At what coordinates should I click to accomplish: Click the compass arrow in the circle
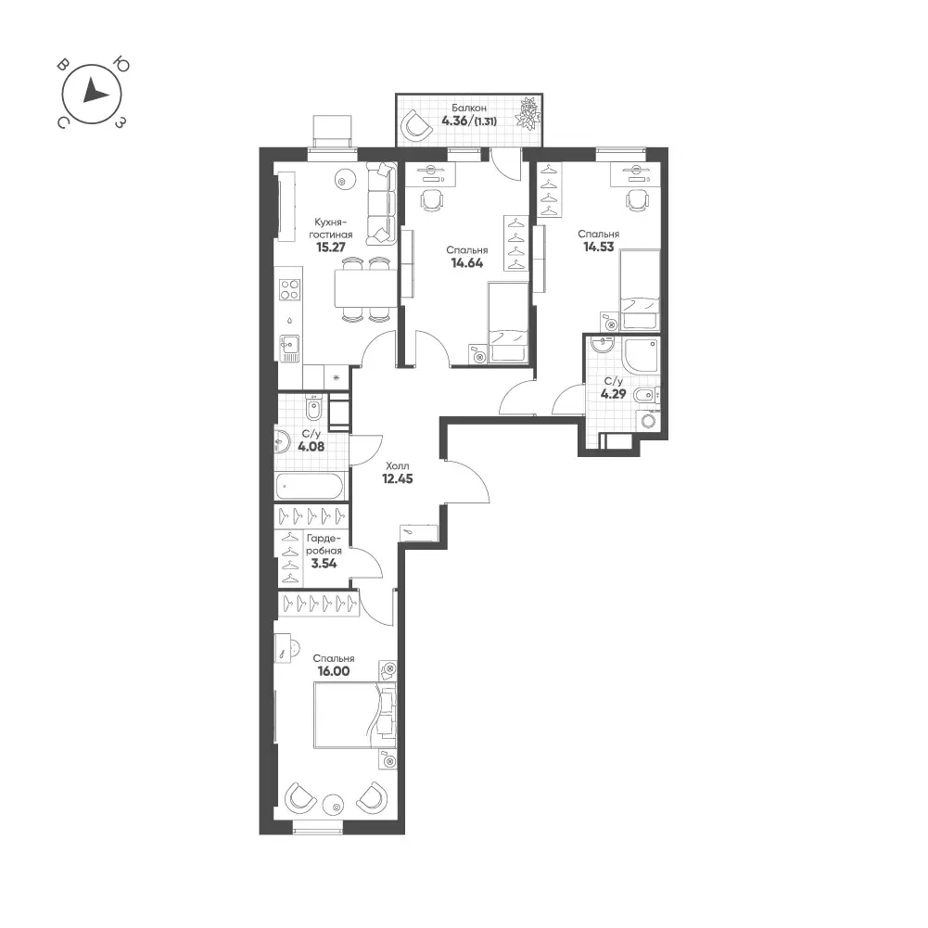point(94,92)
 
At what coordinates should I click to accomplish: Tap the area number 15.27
point(331,248)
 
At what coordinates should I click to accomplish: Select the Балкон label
point(469,108)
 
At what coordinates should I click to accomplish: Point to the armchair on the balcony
point(416,125)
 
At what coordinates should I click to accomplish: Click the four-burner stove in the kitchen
point(289,289)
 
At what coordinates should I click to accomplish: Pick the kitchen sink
point(289,348)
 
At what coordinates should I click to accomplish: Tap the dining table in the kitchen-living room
point(364,288)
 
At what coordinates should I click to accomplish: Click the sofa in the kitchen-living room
point(380,203)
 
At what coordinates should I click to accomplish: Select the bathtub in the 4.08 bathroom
point(310,487)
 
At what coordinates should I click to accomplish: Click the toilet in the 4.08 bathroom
point(314,407)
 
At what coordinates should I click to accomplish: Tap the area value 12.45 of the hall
point(397,478)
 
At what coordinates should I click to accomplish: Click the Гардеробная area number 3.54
point(324,564)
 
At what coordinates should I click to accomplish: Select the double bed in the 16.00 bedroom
point(354,715)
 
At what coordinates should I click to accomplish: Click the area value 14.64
point(467,262)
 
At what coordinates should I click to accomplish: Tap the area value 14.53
point(598,247)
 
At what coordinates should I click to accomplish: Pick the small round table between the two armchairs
point(336,806)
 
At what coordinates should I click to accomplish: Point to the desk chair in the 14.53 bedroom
point(637,199)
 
